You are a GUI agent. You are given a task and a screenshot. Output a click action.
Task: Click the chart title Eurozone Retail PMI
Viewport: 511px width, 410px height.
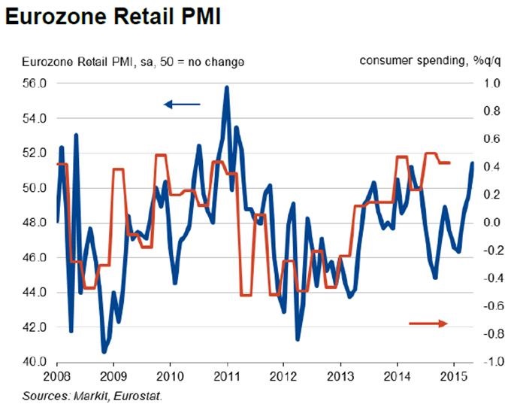click(113, 17)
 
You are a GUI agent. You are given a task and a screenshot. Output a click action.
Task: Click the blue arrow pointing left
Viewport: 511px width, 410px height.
click(182, 103)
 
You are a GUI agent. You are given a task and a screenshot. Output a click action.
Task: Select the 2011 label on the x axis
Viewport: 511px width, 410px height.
click(226, 375)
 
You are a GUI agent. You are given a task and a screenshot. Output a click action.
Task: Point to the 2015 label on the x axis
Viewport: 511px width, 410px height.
click(454, 375)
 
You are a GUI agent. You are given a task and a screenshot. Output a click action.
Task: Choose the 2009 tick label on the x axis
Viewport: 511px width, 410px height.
click(112, 375)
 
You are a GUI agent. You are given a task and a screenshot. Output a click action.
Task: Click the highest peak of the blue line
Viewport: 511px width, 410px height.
click(227, 88)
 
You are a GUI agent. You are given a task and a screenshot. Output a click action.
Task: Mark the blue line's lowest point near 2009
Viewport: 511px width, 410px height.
click(104, 351)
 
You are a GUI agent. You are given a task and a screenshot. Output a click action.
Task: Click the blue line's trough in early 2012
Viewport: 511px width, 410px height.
click(298, 339)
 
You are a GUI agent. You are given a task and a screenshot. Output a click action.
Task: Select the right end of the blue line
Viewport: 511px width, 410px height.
click(472, 162)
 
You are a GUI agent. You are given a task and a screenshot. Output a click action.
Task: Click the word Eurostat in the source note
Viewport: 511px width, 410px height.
click(138, 394)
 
